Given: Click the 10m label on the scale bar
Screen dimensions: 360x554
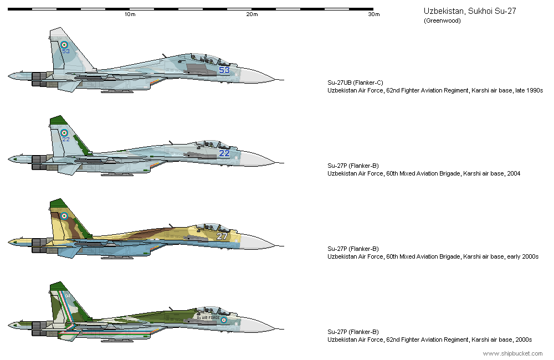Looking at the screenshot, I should coord(130,14).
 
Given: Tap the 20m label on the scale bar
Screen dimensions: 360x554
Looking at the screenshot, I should coord(252,14).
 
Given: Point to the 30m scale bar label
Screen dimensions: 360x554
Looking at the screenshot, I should coord(374,14).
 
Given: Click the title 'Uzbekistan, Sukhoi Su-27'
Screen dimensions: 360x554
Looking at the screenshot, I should coord(470,11).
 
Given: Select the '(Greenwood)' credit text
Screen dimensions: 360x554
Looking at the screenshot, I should coord(442,21).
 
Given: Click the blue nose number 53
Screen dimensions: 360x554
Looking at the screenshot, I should coord(224,70).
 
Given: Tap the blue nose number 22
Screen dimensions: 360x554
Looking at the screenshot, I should coord(224,153).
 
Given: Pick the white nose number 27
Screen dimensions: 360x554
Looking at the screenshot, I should coord(222,236).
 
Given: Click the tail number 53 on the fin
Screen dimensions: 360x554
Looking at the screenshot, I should coord(66,52).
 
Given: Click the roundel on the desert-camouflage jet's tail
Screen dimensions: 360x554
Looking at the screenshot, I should coord(64,216).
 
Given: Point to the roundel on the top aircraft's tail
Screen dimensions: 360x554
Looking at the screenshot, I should coord(64,44).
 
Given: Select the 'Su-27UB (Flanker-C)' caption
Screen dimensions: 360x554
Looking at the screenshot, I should coord(355,82).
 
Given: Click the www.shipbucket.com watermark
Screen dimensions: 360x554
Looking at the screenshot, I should coord(512,353).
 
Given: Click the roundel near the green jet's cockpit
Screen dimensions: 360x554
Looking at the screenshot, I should coord(224,320).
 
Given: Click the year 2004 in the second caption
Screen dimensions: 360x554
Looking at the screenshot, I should coord(513,173).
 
